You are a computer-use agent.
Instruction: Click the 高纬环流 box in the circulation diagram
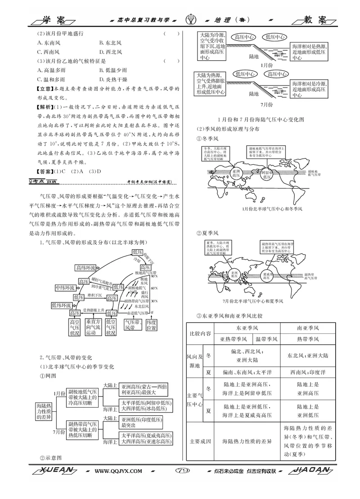click(85, 268)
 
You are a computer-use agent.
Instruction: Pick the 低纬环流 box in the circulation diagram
click(59, 306)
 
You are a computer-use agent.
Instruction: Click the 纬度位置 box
click(151, 328)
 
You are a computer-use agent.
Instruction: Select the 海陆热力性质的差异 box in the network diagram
click(44, 412)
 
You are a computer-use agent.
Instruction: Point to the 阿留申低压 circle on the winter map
click(266, 174)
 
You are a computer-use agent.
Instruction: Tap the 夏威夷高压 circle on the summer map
click(267, 275)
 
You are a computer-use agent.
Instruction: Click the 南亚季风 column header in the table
click(308, 328)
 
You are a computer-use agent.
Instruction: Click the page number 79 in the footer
click(183, 471)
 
